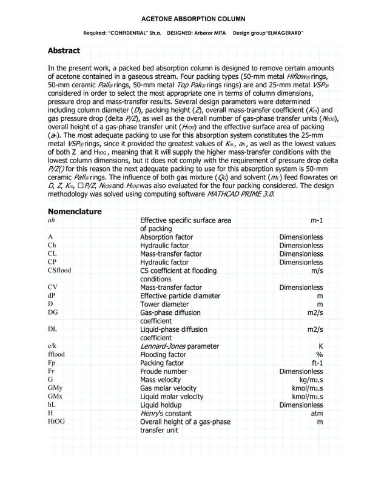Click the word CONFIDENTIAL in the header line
click(x=135, y=32)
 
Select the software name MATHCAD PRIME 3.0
click(x=239, y=194)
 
